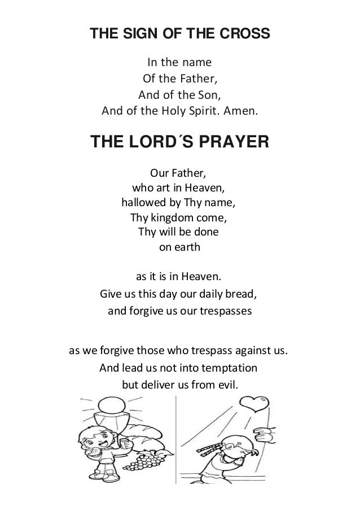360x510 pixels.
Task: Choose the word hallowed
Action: point(142,202)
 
